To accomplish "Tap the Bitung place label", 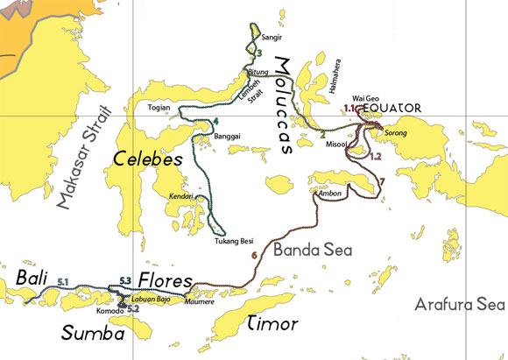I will tap(258, 71).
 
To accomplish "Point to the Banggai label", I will tap(227, 137).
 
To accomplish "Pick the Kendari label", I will tap(180, 197).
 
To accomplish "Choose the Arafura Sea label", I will tap(460, 305).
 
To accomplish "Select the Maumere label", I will tap(199, 302).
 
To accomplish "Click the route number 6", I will tap(253, 256).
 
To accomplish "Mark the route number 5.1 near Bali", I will tap(62, 280).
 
